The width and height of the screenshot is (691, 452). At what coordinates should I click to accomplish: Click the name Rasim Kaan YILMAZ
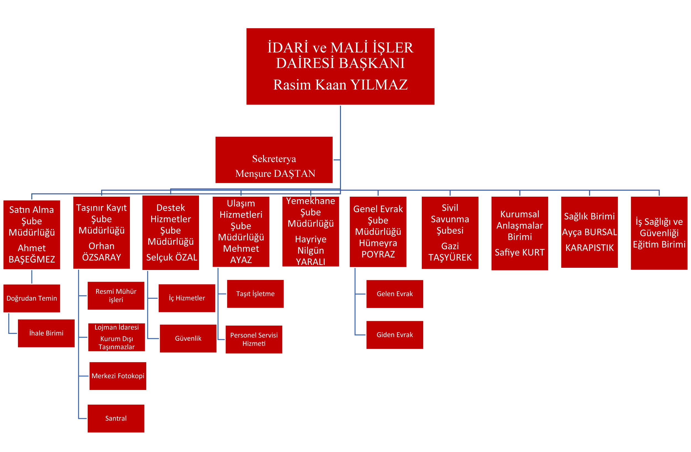tap(340, 85)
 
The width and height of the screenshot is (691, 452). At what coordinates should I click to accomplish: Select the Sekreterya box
tap(274, 160)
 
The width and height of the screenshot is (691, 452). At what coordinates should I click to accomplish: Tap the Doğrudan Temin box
tap(32, 298)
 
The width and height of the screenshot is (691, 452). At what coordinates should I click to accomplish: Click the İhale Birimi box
tap(46, 333)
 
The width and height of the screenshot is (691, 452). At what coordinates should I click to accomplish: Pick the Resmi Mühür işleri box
tap(116, 295)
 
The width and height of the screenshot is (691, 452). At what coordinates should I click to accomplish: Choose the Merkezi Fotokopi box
tap(117, 376)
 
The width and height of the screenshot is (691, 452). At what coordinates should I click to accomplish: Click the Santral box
tap(116, 418)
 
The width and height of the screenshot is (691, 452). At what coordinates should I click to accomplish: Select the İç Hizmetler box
tap(187, 298)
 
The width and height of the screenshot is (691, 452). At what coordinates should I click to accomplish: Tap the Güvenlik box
tap(188, 338)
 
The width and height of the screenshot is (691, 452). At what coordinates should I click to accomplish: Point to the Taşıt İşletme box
tap(255, 294)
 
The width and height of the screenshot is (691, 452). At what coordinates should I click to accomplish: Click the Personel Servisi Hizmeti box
tap(254, 339)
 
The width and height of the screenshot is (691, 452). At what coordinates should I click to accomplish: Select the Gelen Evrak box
tap(395, 294)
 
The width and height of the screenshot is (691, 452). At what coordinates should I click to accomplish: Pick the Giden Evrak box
tap(395, 335)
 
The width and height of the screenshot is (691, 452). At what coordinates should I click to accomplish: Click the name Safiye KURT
tap(519, 253)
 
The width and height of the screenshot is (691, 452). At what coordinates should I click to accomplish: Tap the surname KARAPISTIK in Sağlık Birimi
tap(589, 248)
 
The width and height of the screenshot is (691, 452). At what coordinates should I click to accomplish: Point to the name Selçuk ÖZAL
tap(172, 257)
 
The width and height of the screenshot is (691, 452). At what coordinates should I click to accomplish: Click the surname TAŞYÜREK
tap(450, 257)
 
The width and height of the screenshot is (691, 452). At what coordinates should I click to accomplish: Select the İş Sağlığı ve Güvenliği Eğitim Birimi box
tap(659, 233)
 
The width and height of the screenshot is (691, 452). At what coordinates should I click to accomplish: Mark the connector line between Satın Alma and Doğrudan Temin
tap(32, 277)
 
